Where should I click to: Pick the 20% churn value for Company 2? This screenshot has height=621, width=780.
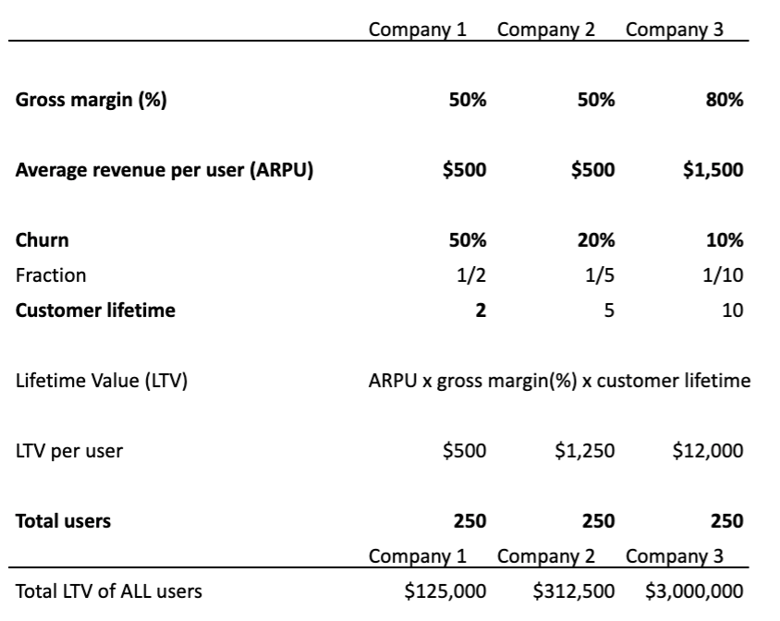[x=596, y=240]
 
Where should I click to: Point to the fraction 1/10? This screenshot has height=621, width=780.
[x=725, y=275]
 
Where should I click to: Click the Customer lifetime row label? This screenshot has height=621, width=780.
[x=95, y=310]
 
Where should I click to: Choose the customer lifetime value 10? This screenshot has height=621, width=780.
[x=733, y=310]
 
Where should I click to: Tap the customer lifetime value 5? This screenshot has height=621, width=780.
[x=608, y=310]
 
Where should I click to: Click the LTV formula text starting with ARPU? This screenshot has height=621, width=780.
[x=559, y=381]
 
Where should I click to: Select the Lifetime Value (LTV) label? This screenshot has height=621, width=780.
[x=102, y=381]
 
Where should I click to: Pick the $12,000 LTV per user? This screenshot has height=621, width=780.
[x=707, y=451]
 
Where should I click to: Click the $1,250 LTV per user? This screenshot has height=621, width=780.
[x=585, y=451]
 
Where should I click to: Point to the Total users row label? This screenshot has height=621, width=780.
[x=63, y=521]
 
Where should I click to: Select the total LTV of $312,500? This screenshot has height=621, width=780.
[x=574, y=591]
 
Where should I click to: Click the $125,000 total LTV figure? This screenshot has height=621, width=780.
[x=446, y=591]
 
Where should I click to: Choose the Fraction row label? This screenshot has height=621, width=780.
[x=51, y=275]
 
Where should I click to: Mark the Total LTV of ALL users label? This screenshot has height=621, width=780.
[x=109, y=591]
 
